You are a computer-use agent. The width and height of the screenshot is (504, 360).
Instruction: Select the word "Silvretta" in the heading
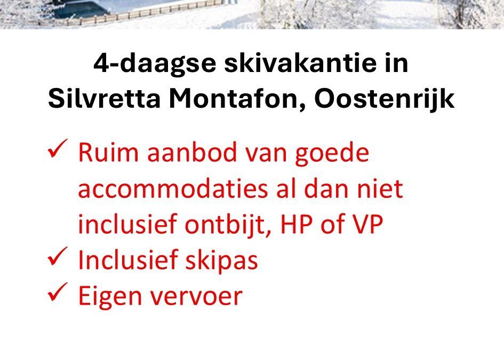pyautogui.click(x=104, y=98)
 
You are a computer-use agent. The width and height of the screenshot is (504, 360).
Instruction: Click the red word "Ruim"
pyautogui.click(x=108, y=153)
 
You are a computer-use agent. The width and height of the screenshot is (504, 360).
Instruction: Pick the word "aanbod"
pyautogui.click(x=192, y=152)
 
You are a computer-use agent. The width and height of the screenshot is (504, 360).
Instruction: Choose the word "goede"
pyautogui.click(x=332, y=155)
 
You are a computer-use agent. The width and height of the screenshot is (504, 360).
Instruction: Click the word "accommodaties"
pyautogui.click(x=173, y=189)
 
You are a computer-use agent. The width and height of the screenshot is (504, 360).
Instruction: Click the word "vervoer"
pyautogui.click(x=196, y=297)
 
